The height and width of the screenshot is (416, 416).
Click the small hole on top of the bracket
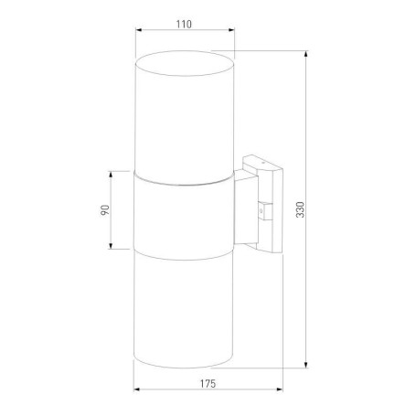coord(264,165)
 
